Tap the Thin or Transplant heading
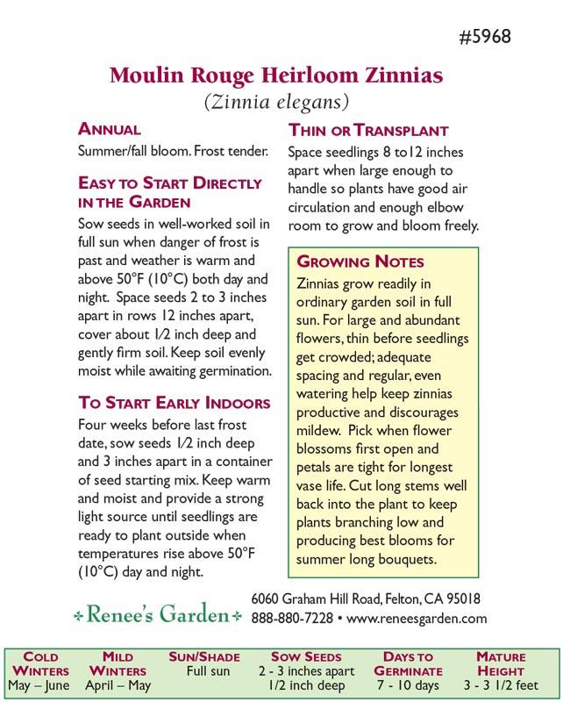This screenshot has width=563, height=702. pyautogui.click(x=368, y=130)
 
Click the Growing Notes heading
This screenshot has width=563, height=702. pyautogui.click(x=360, y=261)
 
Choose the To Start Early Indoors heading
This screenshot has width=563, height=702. pyautogui.click(x=175, y=404)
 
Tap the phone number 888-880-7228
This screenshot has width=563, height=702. pyautogui.click(x=292, y=618)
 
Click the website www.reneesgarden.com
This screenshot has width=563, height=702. pyautogui.click(x=417, y=618)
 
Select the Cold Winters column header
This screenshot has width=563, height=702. pyautogui.click(x=40, y=663)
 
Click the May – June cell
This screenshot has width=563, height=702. pyautogui.click(x=40, y=685)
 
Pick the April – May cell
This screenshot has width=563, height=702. pyautogui.click(x=118, y=685)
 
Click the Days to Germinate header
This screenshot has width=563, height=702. pyautogui.click(x=408, y=663)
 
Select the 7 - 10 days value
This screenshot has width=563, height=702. pyautogui.click(x=408, y=685)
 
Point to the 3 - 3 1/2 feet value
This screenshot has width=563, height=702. pyautogui.click(x=501, y=685)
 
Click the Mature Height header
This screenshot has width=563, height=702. pyautogui.click(x=501, y=663)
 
